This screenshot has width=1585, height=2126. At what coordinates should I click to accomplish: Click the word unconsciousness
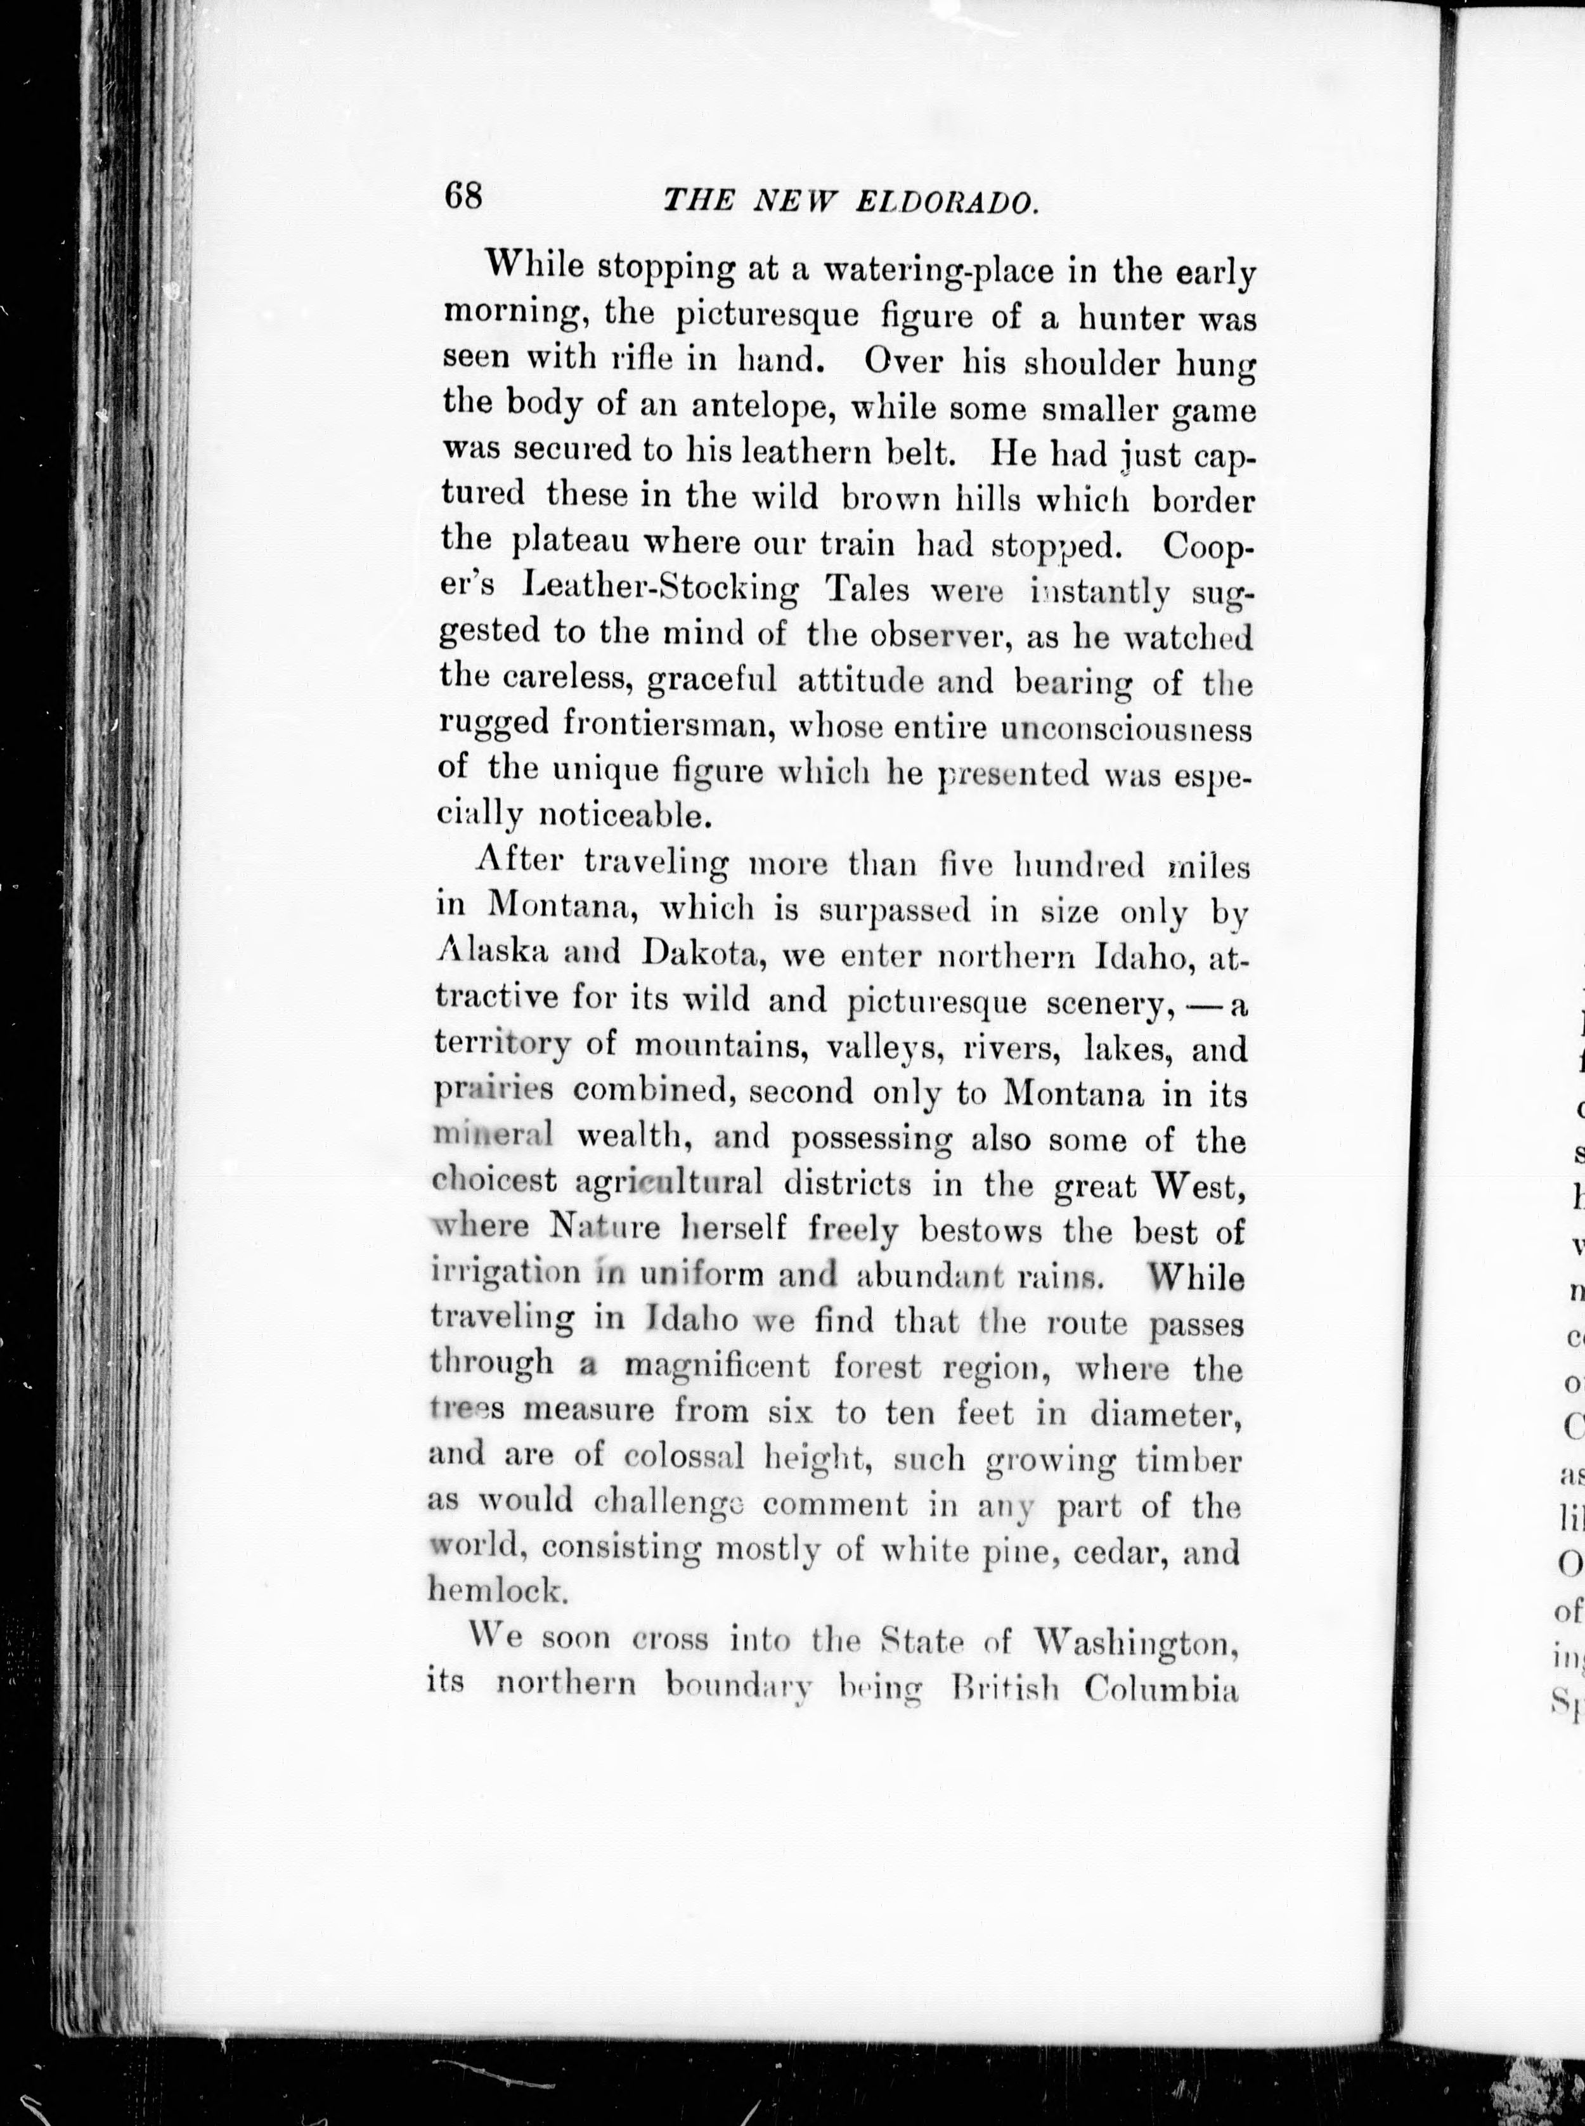pyautogui.click(x=1125, y=729)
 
